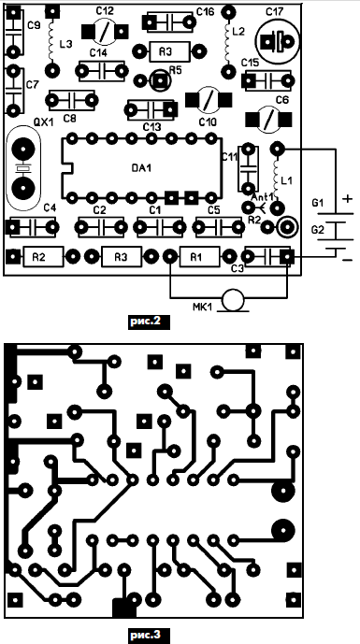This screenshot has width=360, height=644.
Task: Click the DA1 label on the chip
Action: pos(141,167)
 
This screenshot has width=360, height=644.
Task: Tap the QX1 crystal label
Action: pos(44,122)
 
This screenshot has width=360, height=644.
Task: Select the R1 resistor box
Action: pos(199,257)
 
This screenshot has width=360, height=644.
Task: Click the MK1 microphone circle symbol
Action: pos(233,300)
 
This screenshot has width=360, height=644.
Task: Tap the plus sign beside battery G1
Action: pos(348,199)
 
